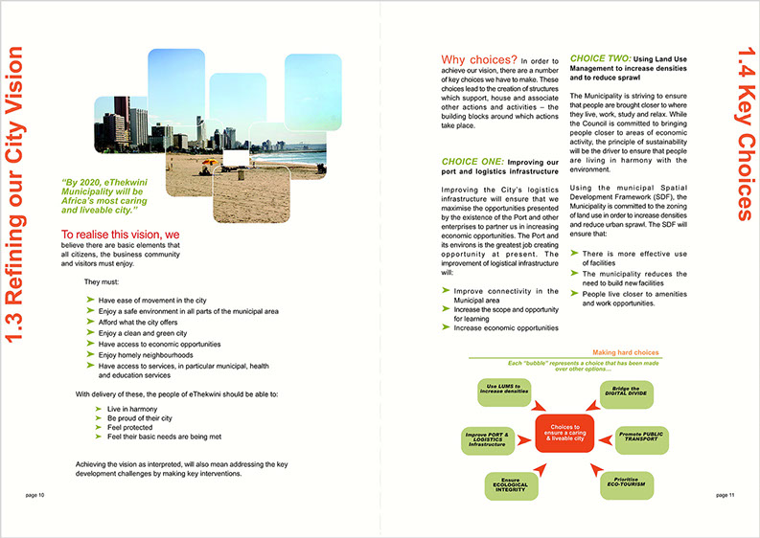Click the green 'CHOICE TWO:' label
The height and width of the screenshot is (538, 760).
(601, 59)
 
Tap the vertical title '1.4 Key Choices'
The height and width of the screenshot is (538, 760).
(738, 143)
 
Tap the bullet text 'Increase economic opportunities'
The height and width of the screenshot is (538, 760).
(505, 327)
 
